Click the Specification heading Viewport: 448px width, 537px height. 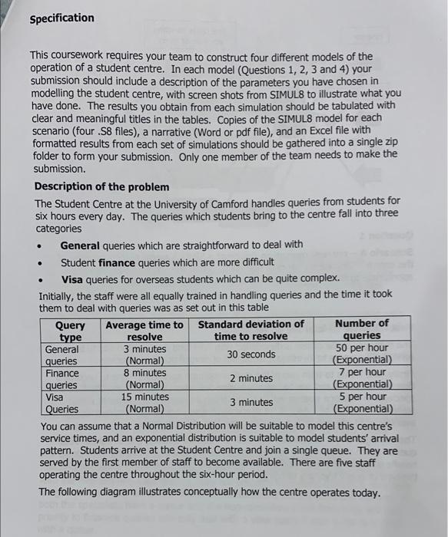pos(61,18)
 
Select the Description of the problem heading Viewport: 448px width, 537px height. pos(101,186)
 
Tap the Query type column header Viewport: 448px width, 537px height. pos(71,330)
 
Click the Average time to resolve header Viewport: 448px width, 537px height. pos(144,330)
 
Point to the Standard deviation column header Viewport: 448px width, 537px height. pos(251,330)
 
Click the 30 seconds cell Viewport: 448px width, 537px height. pos(251,354)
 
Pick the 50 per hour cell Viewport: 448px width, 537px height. pos(362,348)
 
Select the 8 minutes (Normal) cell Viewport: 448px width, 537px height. pos(144,378)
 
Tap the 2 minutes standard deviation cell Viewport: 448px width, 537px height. pos(251,378)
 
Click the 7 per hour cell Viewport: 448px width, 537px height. pos(362,373)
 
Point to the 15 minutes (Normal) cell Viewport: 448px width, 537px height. pos(144,403)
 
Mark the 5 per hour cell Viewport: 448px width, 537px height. pos(362,397)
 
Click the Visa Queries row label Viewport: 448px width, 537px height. pos(61,403)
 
